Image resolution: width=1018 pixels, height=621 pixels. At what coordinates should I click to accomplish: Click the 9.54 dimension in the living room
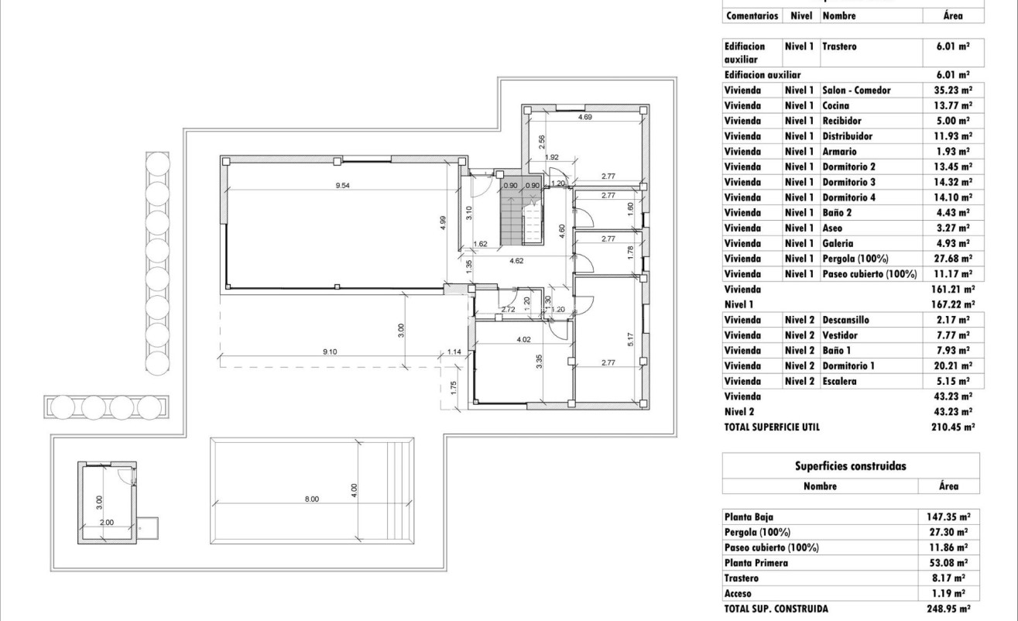(x=341, y=186)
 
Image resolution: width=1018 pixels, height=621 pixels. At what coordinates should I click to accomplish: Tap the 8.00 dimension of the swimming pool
(x=311, y=499)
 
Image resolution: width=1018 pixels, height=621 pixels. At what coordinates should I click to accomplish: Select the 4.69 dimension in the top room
(x=585, y=118)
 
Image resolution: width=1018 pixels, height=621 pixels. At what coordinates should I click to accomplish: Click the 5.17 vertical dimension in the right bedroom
(x=632, y=339)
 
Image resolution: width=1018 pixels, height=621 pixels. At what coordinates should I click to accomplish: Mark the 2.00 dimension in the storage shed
(x=108, y=523)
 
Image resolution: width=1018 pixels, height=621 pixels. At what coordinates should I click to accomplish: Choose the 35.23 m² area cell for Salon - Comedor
(x=953, y=91)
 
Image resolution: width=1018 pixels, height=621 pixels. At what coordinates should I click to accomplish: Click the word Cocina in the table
(x=835, y=105)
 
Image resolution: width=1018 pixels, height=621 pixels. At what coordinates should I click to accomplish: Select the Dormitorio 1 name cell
(x=849, y=365)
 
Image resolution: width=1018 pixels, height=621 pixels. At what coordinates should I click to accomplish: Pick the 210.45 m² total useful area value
(x=952, y=427)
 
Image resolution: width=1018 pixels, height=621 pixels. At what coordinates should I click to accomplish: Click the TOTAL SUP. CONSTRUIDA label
(x=776, y=609)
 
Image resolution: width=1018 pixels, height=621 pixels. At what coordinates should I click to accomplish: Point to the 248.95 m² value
(x=952, y=609)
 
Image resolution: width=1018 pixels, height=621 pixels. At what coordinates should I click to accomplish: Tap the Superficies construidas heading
(x=850, y=466)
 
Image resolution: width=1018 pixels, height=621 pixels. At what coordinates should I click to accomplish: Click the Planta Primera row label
(x=756, y=563)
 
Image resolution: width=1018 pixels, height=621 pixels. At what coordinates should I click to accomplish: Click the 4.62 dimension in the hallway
(x=517, y=261)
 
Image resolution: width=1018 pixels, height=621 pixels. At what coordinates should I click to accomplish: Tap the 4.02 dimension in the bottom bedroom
(x=524, y=338)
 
